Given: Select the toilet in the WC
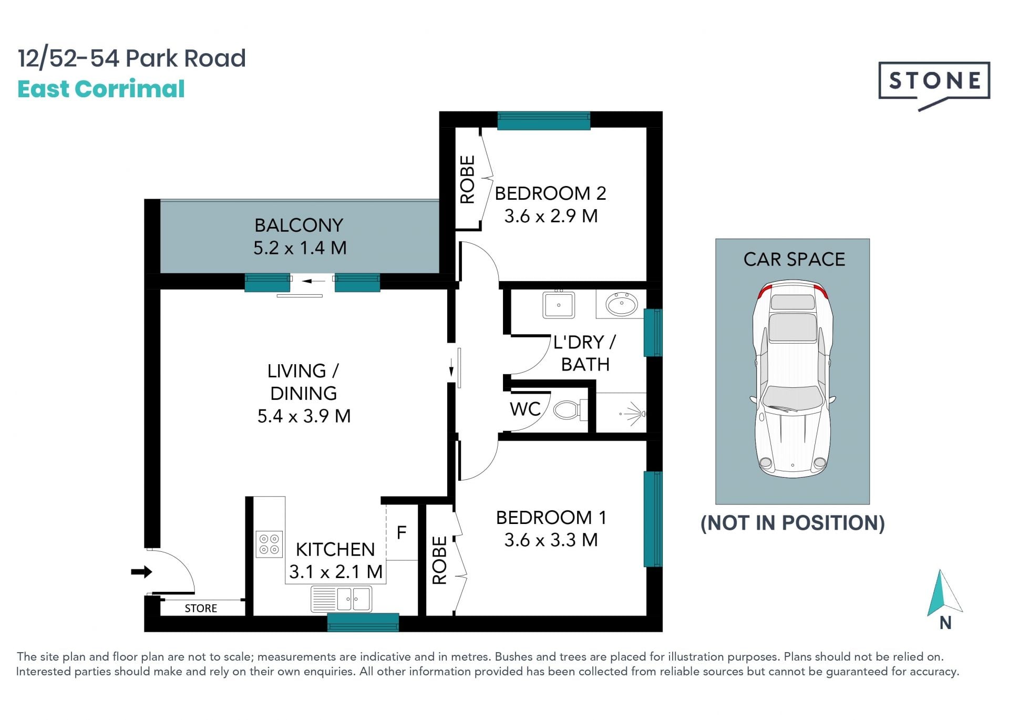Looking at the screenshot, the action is [x=569, y=410].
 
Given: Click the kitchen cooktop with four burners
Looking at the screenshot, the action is [x=269, y=544].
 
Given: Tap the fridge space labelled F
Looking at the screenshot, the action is [x=401, y=532].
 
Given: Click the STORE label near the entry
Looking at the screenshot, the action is [x=201, y=608].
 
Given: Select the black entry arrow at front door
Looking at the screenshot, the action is [x=141, y=572].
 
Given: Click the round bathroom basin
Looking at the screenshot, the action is [x=621, y=304].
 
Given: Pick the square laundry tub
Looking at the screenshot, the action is [x=559, y=304].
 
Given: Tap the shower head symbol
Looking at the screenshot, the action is [x=635, y=414].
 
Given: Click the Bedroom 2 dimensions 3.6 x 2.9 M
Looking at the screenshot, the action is [x=551, y=216].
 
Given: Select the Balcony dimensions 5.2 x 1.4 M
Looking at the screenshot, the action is [x=300, y=248].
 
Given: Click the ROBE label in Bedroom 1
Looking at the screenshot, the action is [x=439, y=560].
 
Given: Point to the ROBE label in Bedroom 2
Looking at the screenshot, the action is [x=467, y=179].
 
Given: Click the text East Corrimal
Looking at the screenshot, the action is [x=101, y=89].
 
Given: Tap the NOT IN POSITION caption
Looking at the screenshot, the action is [x=792, y=523].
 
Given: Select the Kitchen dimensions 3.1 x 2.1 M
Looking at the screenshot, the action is [x=336, y=572].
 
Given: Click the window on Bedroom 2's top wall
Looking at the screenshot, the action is [x=543, y=120].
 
